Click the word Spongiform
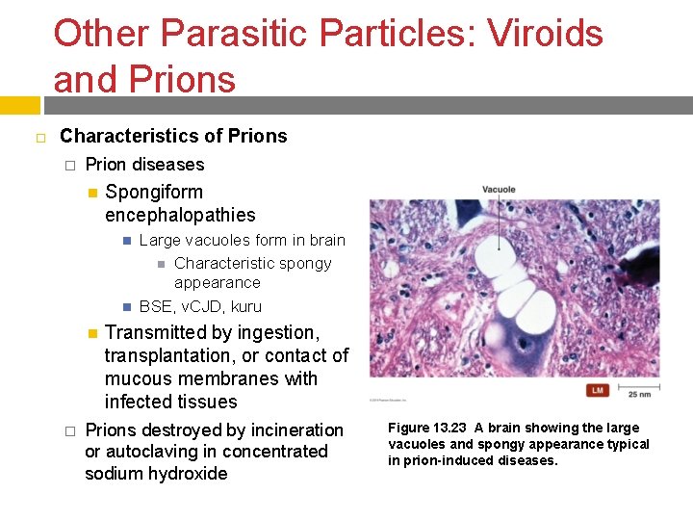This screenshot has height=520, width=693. pos(154,192)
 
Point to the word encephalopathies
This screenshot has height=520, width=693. pos(180,215)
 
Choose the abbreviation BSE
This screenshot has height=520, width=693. pos(157,307)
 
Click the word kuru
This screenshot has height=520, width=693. pos(245,307)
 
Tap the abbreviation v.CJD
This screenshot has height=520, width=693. pos(204,307)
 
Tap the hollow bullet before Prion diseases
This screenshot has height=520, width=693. pos(69,166)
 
